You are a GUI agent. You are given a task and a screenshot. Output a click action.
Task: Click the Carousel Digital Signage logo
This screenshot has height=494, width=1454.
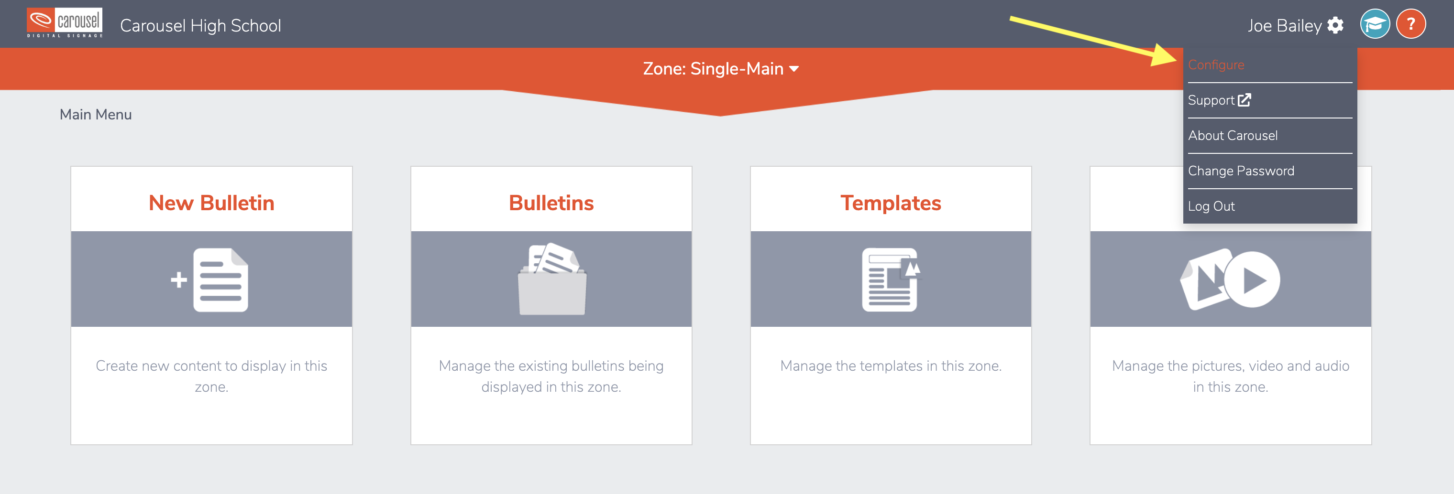pyautogui.click(x=65, y=23)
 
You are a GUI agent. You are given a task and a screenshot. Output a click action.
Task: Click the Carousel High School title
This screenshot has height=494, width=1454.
pyautogui.click(x=200, y=25)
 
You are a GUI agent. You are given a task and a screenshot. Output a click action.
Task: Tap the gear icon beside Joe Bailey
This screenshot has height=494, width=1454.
pyautogui.click(x=1335, y=25)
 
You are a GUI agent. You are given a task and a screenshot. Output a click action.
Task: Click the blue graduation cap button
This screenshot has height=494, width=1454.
pyautogui.click(x=1375, y=24)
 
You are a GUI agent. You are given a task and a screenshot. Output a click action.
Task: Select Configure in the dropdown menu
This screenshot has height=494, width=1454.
pyautogui.click(x=1216, y=65)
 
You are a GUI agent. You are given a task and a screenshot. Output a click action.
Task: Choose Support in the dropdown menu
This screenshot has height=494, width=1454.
pyautogui.click(x=1219, y=100)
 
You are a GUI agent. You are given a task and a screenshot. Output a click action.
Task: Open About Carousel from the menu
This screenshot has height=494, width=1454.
pyautogui.click(x=1233, y=135)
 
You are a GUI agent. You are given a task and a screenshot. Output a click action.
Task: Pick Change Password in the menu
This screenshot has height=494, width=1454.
pyautogui.click(x=1241, y=171)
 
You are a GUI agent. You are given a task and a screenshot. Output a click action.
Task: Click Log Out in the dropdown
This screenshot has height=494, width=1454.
pyautogui.click(x=1212, y=206)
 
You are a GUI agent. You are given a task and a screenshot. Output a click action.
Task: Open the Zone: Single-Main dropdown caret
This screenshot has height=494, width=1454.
pyautogui.click(x=793, y=69)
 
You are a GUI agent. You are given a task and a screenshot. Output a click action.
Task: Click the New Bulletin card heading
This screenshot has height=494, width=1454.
pyautogui.click(x=212, y=203)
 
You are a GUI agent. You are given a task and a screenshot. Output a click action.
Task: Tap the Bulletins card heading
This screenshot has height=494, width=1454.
pyautogui.click(x=551, y=203)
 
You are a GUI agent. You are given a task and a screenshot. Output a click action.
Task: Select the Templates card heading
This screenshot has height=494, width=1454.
pyautogui.click(x=891, y=203)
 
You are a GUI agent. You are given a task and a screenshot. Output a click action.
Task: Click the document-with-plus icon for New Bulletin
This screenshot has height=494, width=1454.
pyautogui.click(x=210, y=279)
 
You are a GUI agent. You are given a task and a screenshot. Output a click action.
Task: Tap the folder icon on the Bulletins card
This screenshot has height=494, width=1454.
pyautogui.click(x=552, y=279)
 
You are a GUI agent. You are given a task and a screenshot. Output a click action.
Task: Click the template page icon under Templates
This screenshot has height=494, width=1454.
pyautogui.click(x=891, y=279)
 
